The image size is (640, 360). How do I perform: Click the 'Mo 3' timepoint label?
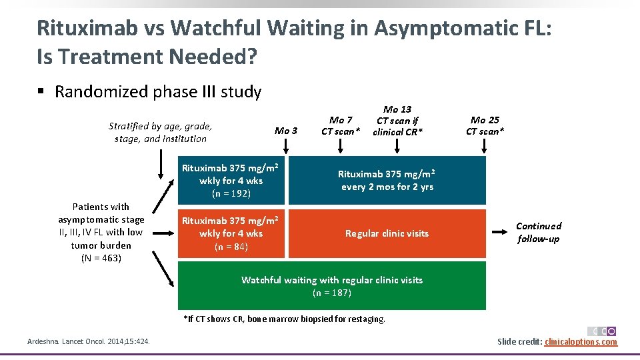point(286,131)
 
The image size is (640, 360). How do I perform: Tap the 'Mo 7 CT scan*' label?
point(341,125)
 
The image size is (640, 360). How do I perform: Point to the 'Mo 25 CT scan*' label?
point(485,125)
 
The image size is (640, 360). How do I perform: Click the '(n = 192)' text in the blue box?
point(231,193)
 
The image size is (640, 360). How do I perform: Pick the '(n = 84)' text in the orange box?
point(231,247)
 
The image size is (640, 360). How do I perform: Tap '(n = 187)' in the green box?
point(331,293)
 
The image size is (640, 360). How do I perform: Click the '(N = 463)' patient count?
point(101,257)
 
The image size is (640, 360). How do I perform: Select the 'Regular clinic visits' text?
point(387,233)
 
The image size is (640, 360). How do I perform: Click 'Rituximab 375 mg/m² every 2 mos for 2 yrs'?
point(387,180)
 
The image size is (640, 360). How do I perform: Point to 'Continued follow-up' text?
point(539,232)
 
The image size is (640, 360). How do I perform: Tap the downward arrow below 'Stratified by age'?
point(161,165)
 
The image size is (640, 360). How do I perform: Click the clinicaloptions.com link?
point(581,342)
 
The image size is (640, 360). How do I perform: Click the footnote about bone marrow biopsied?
point(285,319)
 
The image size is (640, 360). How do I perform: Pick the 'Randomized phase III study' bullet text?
point(158,91)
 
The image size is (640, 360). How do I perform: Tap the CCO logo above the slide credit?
point(601,331)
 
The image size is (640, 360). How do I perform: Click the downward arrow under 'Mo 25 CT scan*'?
point(486,148)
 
